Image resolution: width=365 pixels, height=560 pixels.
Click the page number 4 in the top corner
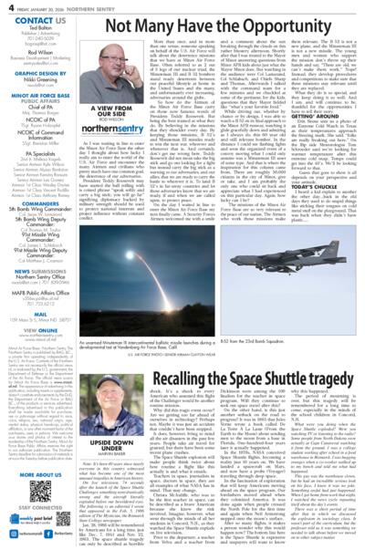point(5,7)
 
